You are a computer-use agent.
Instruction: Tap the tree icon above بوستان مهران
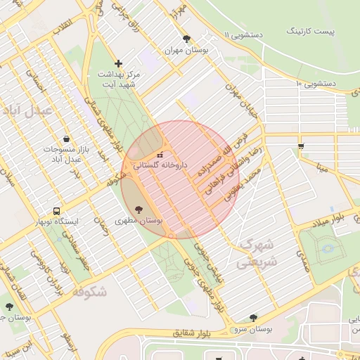point(186,39)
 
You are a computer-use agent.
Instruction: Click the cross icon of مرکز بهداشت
point(118,64)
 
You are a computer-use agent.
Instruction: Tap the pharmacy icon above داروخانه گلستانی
point(160,155)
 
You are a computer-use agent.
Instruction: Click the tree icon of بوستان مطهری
point(138,209)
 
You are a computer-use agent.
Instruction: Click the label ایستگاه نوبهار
point(58,221)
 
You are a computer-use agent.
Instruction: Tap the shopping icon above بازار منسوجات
point(65,139)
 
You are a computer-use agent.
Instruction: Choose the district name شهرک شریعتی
point(257,253)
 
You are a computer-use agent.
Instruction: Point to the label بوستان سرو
point(252,329)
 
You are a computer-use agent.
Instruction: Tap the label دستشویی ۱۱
point(245,34)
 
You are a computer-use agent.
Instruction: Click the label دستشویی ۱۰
point(317,84)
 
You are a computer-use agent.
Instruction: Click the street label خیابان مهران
point(238,99)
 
